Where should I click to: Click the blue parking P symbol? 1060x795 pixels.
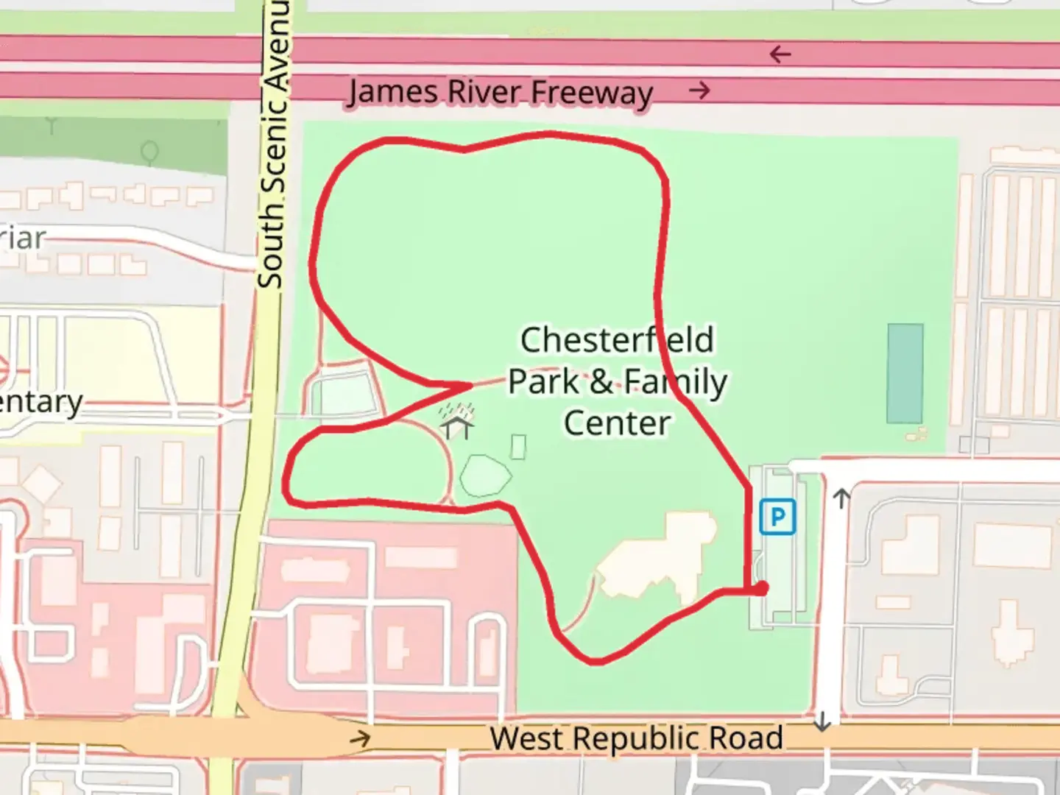pyautogui.click(x=777, y=516)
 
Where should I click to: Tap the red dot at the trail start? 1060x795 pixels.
pyautogui.click(x=760, y=588)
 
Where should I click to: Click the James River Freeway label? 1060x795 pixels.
pyautogui.click(x=501, y=93)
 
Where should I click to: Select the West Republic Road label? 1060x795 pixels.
pyautogui.click(x=636, y=738)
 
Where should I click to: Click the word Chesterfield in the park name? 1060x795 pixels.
pyautogui.click(x=617, y=340)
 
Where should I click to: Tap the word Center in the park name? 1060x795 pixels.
pyautogui.click(x=617, y=423)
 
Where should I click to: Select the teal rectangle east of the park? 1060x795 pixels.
pyautogui.click(x=905, y=373)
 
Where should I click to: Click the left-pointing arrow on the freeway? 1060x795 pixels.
pyautogui.click(x=780, y=54)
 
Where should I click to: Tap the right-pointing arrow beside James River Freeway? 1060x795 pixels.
pyautogui.click(x=699, y=91)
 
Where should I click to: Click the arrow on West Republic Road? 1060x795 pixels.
pyautogui.click(x=360, y=738)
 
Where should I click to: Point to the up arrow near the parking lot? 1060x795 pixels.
pyautogui.click(x=841, y=499)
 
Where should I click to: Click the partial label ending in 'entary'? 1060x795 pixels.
pyautogui.click(x=41, y=403)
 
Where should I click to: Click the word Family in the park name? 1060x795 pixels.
pyautogui.click(x=675, y=382)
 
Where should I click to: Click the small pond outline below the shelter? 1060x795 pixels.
pyautogui.click(x=485, y=476)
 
